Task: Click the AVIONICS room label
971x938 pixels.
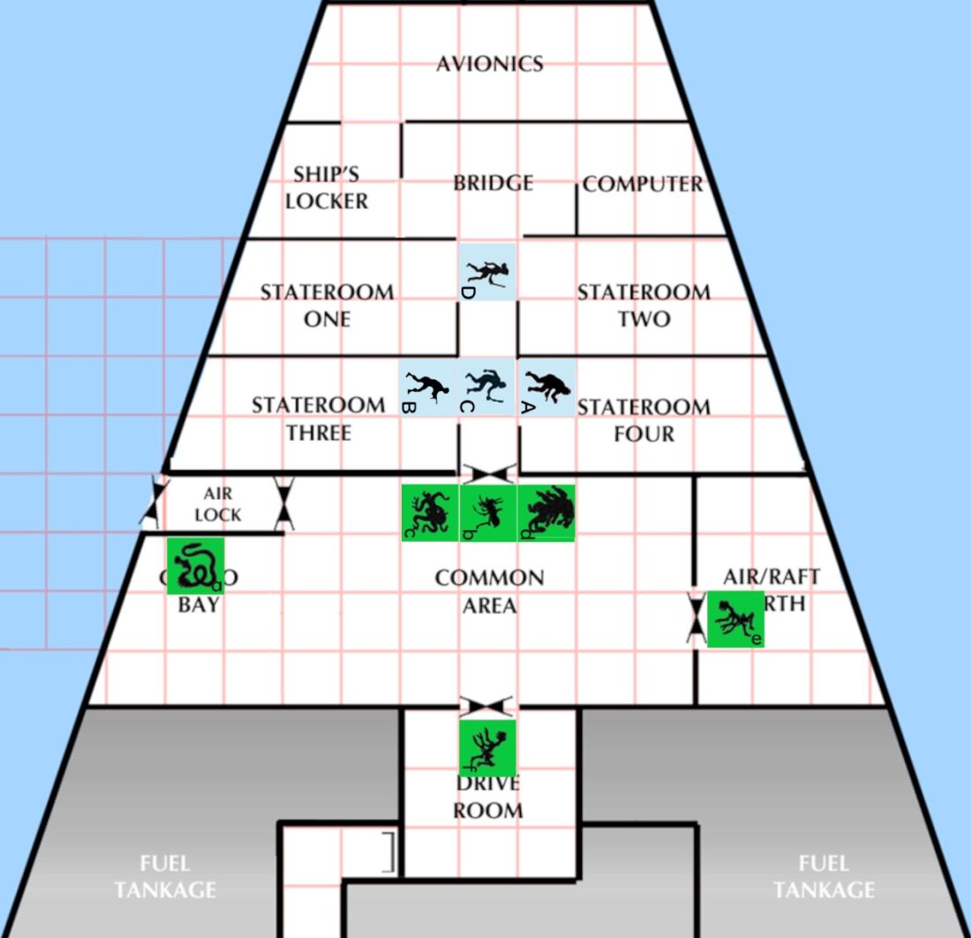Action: [489, 64]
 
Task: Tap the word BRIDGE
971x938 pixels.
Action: [493, 183]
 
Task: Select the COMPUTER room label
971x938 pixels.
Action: [643, 184]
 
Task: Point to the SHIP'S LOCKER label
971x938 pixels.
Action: [327, 188]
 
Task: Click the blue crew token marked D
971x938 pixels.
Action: [486, 271]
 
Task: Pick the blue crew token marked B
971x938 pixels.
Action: [427, 387]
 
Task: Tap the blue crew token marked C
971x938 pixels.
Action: [486, 387]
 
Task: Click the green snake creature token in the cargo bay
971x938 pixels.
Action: [195, 566]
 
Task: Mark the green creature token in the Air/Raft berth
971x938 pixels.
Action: [735, 619]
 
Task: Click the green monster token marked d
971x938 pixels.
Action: [546, 513]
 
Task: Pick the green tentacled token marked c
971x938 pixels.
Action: [430, 513]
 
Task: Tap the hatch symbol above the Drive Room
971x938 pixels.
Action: [487, 705]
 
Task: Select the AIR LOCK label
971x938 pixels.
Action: [218, 504]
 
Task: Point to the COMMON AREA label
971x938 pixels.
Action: [489, 591]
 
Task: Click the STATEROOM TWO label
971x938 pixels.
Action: [644, 304]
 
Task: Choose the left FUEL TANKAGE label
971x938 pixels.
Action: [165, 876]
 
